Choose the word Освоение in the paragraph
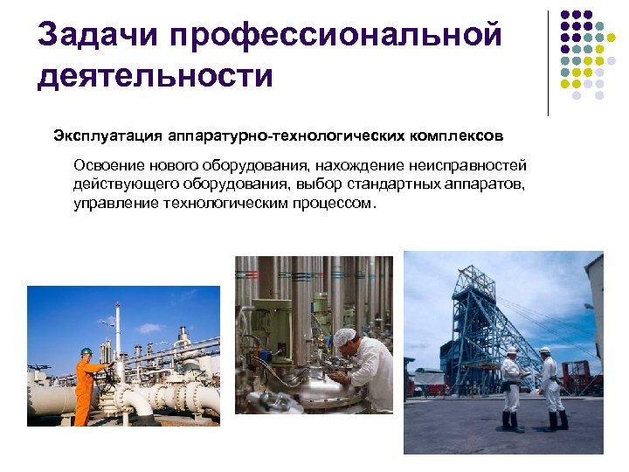coord(104,166)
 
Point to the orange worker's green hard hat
coord(86,351)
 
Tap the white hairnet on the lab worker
coord(345,337)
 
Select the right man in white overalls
coord(550,385)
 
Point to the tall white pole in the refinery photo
coord(118,332)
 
